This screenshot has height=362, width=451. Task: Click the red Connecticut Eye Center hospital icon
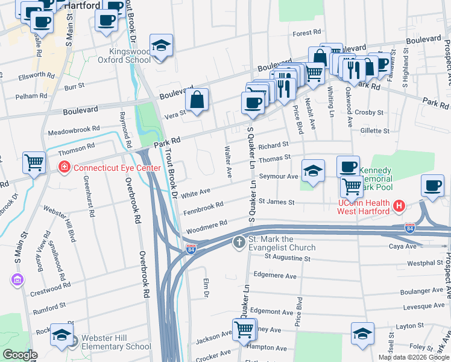pos(63,167)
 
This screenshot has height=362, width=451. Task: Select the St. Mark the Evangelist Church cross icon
pos(239,243)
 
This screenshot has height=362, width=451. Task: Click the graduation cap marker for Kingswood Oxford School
pos(160,46)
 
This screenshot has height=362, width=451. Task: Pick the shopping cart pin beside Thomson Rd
pos(34,162)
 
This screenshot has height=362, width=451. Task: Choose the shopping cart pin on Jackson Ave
pos(244,329)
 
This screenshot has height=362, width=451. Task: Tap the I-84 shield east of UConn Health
pos(410,227)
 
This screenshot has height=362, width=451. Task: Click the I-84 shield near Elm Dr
pos(190,250)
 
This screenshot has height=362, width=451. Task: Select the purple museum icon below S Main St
pos(16,280)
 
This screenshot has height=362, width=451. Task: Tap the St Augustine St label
pos(288,258)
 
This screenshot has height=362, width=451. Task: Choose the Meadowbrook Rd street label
pos(73,130)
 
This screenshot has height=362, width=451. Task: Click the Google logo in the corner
pos(20,355)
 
